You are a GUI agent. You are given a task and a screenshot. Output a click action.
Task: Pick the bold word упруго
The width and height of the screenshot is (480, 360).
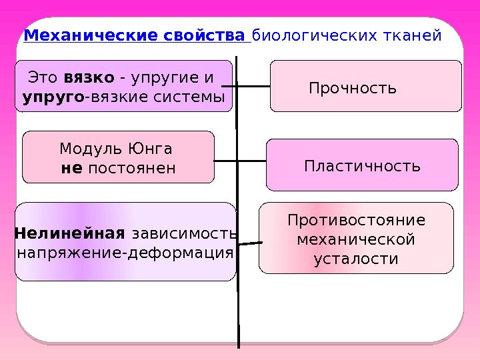coord(53,97)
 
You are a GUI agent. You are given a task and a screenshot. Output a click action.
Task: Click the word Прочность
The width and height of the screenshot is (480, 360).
coord(353,88)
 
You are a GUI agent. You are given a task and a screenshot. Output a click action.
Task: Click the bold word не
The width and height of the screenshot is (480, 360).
coord(71,167)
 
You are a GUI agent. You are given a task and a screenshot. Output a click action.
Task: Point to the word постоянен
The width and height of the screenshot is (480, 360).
coord(132,167)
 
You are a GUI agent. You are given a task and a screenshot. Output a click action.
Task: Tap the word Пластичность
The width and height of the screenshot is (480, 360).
coord(362,165)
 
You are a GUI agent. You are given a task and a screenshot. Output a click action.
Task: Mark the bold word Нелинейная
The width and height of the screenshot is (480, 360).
coord(69,233)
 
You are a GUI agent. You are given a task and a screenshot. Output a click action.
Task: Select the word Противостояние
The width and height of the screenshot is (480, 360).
coord(356,221)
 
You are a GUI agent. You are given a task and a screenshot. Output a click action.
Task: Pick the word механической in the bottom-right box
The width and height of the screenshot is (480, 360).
coord(356,239)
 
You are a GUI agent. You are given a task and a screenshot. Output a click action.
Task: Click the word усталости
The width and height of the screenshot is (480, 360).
coord(356,259)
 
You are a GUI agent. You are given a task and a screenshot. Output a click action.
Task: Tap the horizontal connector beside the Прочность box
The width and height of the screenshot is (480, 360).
coord(253,87)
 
